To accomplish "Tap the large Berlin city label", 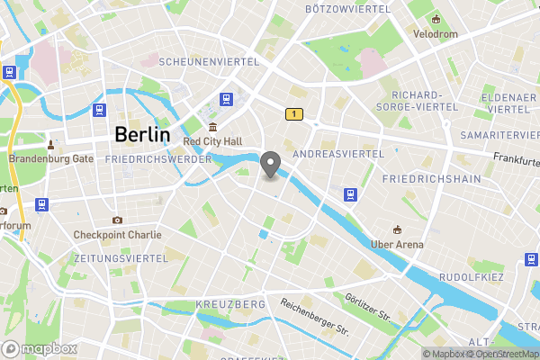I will coord(142,135).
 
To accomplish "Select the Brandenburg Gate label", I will coord(51,158).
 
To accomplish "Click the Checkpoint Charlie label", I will coord(118,235).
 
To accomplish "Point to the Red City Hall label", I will coord(212,141).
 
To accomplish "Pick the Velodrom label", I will coord(436,34).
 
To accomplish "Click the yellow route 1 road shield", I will coord(292,114).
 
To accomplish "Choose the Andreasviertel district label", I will coord(339,154).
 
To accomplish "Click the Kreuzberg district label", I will coord(230,306).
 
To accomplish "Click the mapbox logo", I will coord(37,348).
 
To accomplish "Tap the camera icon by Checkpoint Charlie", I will coord(117,220).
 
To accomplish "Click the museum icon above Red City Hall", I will coord(212,127).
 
